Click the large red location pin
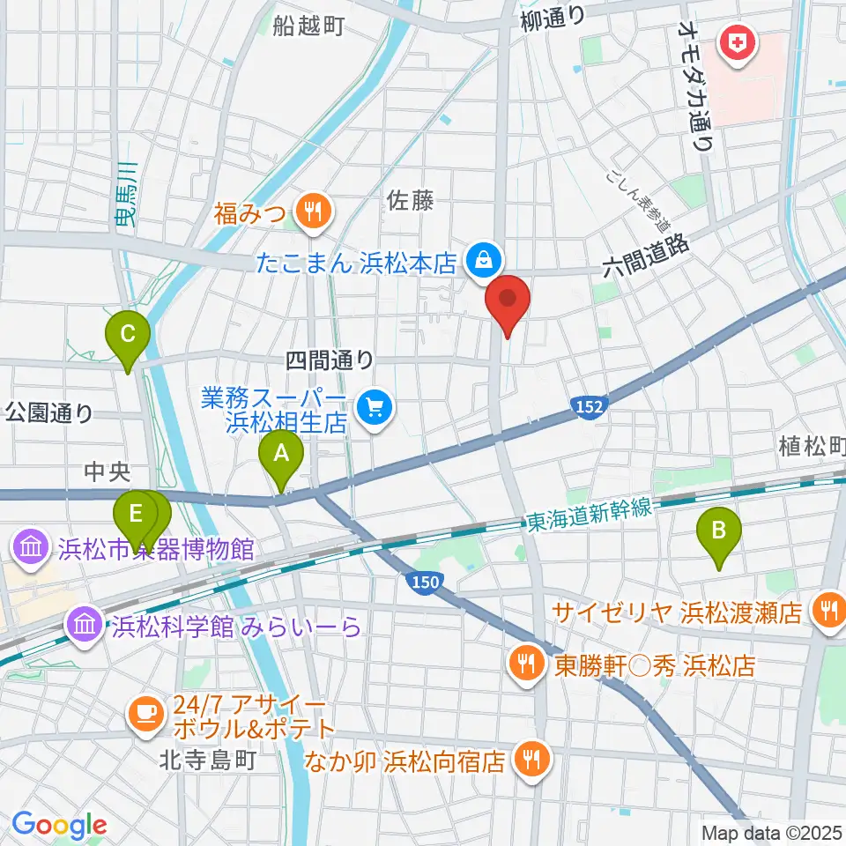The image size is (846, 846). pyautogui.click(x=509, y=301)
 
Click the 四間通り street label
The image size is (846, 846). pyautogui.click(x=329, y=360)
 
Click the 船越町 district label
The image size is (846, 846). pyautogui.click(x=308, y=26)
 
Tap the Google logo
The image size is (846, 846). pyautogui.click(x=59, y=825)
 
